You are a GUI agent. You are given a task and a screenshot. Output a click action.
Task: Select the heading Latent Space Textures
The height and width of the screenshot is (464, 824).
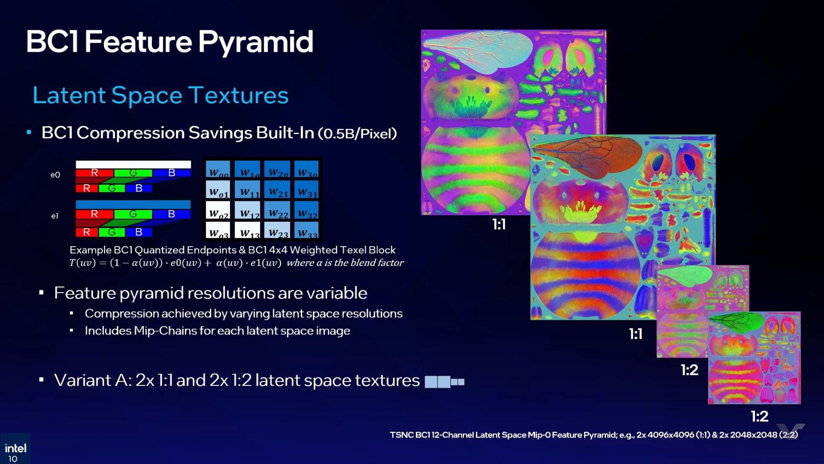[x=160, y=95]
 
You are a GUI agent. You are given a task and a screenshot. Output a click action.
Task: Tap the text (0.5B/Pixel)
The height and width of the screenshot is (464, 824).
[x=357, y=133]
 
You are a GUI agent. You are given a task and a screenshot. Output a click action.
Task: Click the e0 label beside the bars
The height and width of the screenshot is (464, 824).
[x=55, y=175]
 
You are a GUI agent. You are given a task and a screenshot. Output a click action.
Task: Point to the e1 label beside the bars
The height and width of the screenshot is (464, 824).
[x=55, y=216]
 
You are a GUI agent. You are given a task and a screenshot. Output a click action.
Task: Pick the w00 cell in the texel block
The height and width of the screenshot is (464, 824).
[x=218, y=170]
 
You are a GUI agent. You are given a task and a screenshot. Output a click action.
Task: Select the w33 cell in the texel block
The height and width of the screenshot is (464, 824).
[x=307, y=231]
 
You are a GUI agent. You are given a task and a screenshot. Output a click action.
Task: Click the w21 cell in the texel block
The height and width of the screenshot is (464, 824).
[x=278, y=191]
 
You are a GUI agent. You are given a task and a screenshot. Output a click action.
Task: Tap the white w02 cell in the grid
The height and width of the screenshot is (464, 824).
[x=218, y=211]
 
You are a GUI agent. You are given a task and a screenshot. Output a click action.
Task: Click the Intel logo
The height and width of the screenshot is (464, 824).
[x=15, y=447]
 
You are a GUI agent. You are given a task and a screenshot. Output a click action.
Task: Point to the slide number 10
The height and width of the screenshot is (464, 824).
[x=13, y=459]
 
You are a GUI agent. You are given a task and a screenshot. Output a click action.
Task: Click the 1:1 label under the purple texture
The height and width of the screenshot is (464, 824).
[x=499, y=224]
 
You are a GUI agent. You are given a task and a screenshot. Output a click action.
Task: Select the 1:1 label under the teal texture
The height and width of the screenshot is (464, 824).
[x=635, y=334]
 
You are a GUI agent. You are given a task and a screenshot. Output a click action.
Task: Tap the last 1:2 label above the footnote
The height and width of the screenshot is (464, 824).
[x=759, y=416]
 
